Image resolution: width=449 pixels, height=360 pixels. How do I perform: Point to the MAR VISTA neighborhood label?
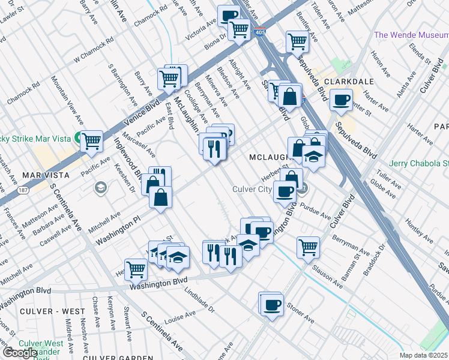pyautogui.click(x=43, y=175)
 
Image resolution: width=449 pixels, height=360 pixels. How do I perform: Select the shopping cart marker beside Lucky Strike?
pyautogui.click(x=91, y=141)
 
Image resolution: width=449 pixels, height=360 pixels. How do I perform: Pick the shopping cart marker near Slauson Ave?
pyautogui.click(x=308, y=246)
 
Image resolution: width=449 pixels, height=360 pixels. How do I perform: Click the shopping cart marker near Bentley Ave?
pyautogui.click(x=297, y=41)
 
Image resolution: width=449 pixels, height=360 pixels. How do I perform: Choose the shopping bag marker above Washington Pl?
pyautogui.click(x=161, y=197)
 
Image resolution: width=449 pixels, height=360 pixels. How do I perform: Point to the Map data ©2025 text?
pyautogui.click(x=423, y=355)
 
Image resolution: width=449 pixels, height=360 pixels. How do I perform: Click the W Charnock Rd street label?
pyautogui.click(x=94, y=52)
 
